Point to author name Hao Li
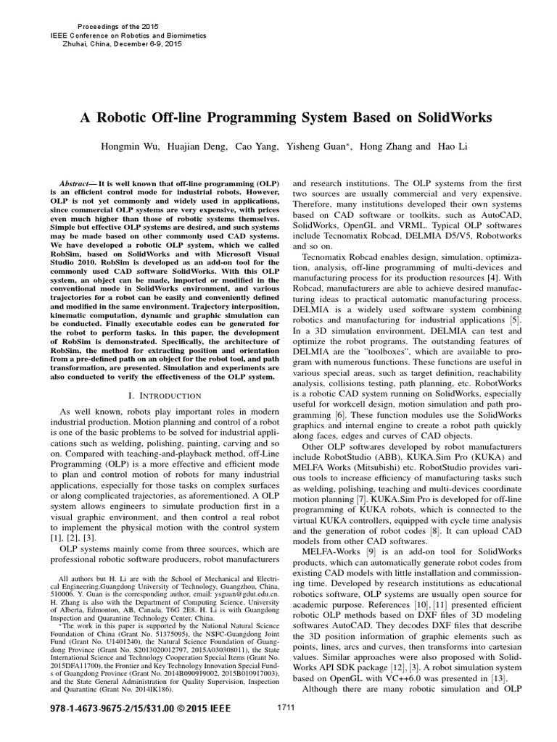[x=453, y=146]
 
